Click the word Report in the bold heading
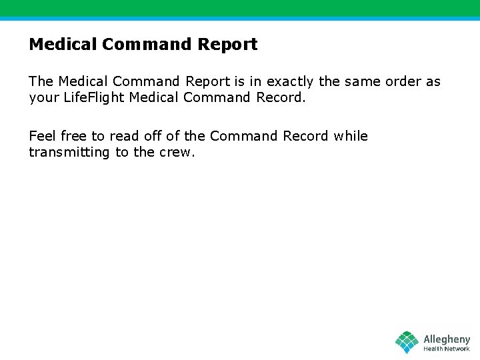pyautogui.click(x=227, y=45)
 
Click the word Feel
pyautogui.click(x=43, y=136)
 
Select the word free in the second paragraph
pyautogui.click(x=74, y=136)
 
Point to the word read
pyautogui.click(x=124, y=136)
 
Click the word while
pyautogui.click(x=351, y=136)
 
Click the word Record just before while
pyautogui.click(x=306, y=136)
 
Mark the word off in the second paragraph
pyautogui.click(x=153, y=136)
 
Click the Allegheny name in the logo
pyautogui.click(x=447, y=339)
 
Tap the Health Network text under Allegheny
pyautogui.click(x=447, y=349)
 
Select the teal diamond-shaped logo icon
pyautogui.click(x=407, y=343)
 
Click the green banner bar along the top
pyautogui.click(x=240, y=8)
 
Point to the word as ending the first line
pyautogui.click(x=433, y=82)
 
